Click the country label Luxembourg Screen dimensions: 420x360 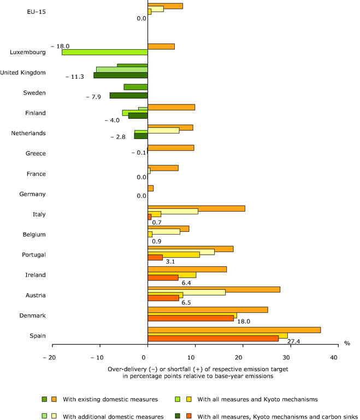28,52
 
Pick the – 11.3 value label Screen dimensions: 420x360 74,77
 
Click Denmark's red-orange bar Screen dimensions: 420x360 191,318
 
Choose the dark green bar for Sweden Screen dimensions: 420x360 128,96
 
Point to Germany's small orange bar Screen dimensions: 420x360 150,188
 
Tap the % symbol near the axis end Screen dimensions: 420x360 346,343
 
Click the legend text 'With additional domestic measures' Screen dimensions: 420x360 113,416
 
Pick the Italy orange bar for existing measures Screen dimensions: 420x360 196,208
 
